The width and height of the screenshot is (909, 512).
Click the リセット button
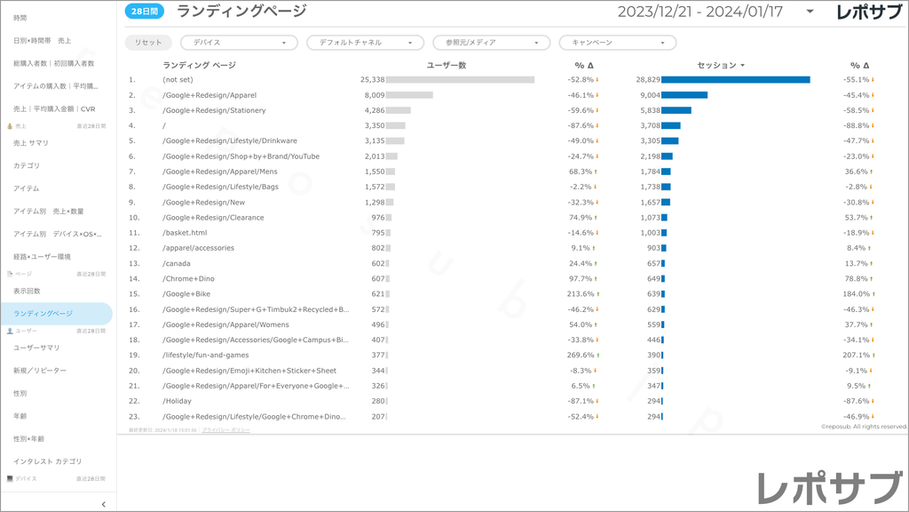[149, 43]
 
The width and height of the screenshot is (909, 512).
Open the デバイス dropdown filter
[239, 43]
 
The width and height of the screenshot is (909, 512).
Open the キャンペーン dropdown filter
[617, 43]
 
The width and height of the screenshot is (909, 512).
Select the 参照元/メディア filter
[491, 43]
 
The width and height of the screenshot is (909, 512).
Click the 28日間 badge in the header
[145, 12]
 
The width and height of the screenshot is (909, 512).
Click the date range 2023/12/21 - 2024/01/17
[701, 12]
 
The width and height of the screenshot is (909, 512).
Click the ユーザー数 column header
[447, 65]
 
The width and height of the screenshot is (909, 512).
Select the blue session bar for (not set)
[735, 80]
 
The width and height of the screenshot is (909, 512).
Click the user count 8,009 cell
[374, 95]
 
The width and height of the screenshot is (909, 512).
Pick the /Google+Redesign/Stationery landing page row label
[214, 110]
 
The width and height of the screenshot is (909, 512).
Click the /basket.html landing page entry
[185, 233]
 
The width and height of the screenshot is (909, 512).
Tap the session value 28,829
[648, 80]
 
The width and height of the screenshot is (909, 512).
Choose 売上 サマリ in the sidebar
[31, 143]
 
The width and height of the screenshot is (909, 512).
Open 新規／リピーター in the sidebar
[40, 371]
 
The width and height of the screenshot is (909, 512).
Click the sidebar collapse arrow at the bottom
[104, 504]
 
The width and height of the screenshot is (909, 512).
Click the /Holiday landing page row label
[177, 401]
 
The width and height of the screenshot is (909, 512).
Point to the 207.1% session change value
[856, 355]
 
